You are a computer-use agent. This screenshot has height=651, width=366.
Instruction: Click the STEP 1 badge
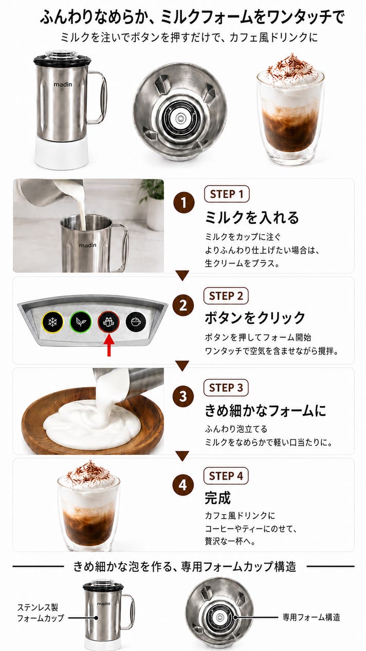(227, 194)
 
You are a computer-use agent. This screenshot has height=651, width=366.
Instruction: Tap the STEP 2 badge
(226, 296)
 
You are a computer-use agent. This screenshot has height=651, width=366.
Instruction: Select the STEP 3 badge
(226, 388)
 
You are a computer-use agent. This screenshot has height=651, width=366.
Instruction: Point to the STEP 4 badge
(226, 476)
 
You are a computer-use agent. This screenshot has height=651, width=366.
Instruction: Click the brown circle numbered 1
(184, 203)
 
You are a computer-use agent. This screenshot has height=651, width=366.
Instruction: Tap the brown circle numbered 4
(183, 485)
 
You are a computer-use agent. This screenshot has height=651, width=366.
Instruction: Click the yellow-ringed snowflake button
(52, 322)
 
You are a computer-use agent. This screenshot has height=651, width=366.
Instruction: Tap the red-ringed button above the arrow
(108, 322)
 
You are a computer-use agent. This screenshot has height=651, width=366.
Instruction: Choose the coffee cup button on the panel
(136, 322)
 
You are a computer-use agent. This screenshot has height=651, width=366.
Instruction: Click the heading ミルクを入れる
(252, 217)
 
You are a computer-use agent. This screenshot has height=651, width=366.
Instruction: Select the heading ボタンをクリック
(255, 318)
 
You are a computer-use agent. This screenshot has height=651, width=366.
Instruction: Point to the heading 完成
(217, 498)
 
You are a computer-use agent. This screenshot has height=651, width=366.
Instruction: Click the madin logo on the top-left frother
(63, 84)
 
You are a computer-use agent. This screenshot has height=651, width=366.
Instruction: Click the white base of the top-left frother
(62, 153)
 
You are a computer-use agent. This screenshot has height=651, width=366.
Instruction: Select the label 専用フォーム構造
(311, 617)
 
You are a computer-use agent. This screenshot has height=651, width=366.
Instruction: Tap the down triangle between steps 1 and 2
(182, 275)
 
